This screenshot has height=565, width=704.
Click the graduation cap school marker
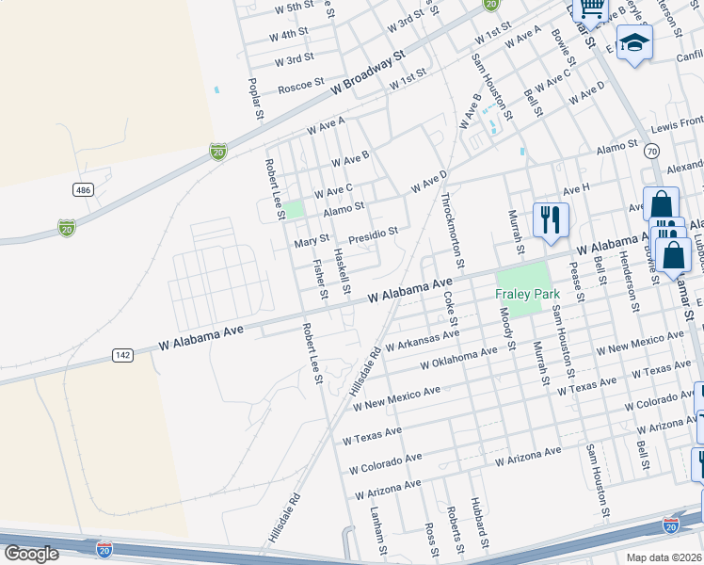[635, 43]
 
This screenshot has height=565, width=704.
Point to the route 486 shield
[84, 190]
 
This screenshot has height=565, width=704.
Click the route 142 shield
[122, 354]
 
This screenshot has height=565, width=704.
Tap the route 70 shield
[650, 151]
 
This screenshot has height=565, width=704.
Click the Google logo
[31, 554]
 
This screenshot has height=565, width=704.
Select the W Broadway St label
[367, 72]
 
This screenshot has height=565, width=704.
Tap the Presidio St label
[374, 232]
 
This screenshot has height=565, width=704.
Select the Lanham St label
[378, 528]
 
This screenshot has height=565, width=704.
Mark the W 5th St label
[294, 8]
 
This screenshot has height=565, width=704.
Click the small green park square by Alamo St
[295, 210]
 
